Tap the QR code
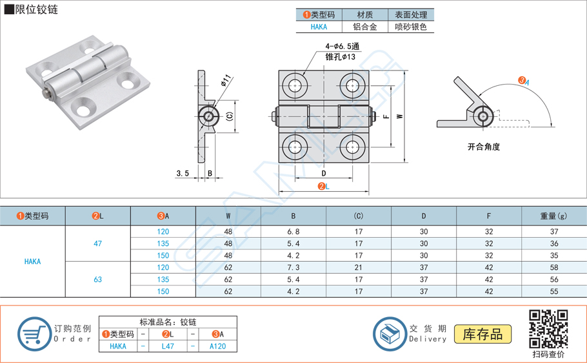point(548,329)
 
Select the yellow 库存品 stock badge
point(483,334)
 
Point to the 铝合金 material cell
point(364,26)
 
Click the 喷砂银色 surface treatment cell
point(411,26)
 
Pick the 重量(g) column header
point(553,216)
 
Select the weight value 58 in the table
point(553,267)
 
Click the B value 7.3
point(293,267)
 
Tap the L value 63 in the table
point(98,280)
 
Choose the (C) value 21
point(359,267)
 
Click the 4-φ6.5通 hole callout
point(343,47)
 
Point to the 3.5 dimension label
point(182,173)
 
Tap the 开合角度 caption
point(484,147)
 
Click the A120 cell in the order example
point(218,346)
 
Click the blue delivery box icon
point(390,334)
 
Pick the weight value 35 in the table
point(553,255)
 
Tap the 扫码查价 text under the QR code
point(548,354)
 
